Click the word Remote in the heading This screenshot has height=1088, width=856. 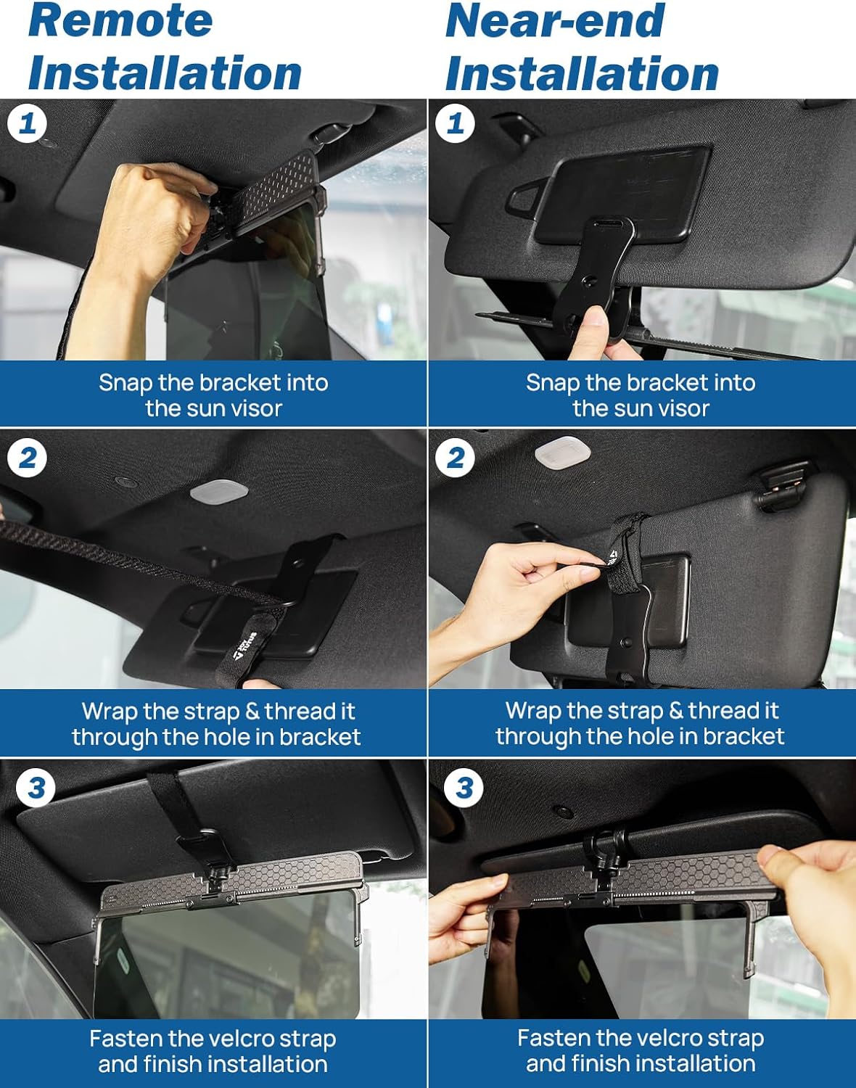120,21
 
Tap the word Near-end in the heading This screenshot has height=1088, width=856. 555,21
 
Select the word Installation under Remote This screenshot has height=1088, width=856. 165,73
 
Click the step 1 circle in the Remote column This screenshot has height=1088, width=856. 27,123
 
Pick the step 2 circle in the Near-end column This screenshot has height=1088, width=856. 455,458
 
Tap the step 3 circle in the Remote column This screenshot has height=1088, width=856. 36,788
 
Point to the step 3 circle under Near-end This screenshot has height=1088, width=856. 464,788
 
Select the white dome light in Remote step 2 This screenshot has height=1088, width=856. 219,493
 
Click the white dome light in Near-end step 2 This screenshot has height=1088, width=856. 563,450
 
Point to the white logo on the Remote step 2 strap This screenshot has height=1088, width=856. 246,645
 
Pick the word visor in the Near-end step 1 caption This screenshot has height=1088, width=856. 683,408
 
